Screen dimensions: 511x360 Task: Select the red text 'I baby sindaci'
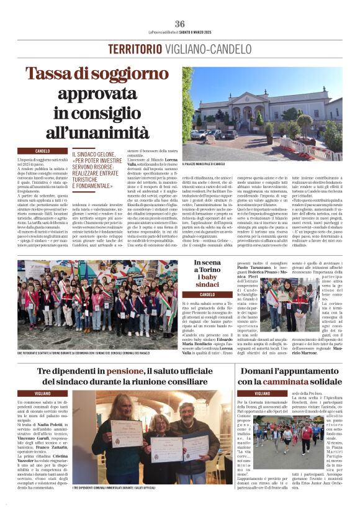pyautogui.click(x=207, y=281)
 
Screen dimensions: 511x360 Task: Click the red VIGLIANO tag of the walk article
pyautogui.click(x=263, y=393)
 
